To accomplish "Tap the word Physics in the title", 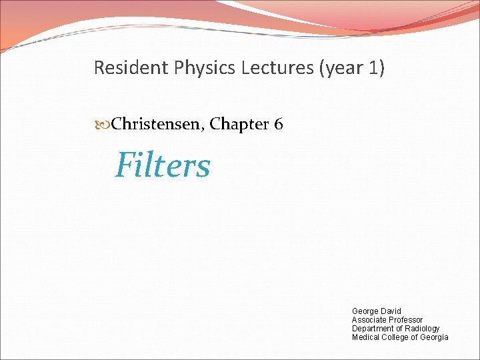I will [195, 68].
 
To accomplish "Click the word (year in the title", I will [335, 68].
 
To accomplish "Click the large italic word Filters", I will [163, 165].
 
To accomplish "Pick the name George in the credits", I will [365, 311].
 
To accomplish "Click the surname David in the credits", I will [391, 311].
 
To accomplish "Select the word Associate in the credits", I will [369, 320].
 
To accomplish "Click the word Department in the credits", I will [373, 329].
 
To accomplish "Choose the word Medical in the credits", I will [365, 337].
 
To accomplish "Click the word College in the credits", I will [395, 337].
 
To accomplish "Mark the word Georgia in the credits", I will [434, 337].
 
